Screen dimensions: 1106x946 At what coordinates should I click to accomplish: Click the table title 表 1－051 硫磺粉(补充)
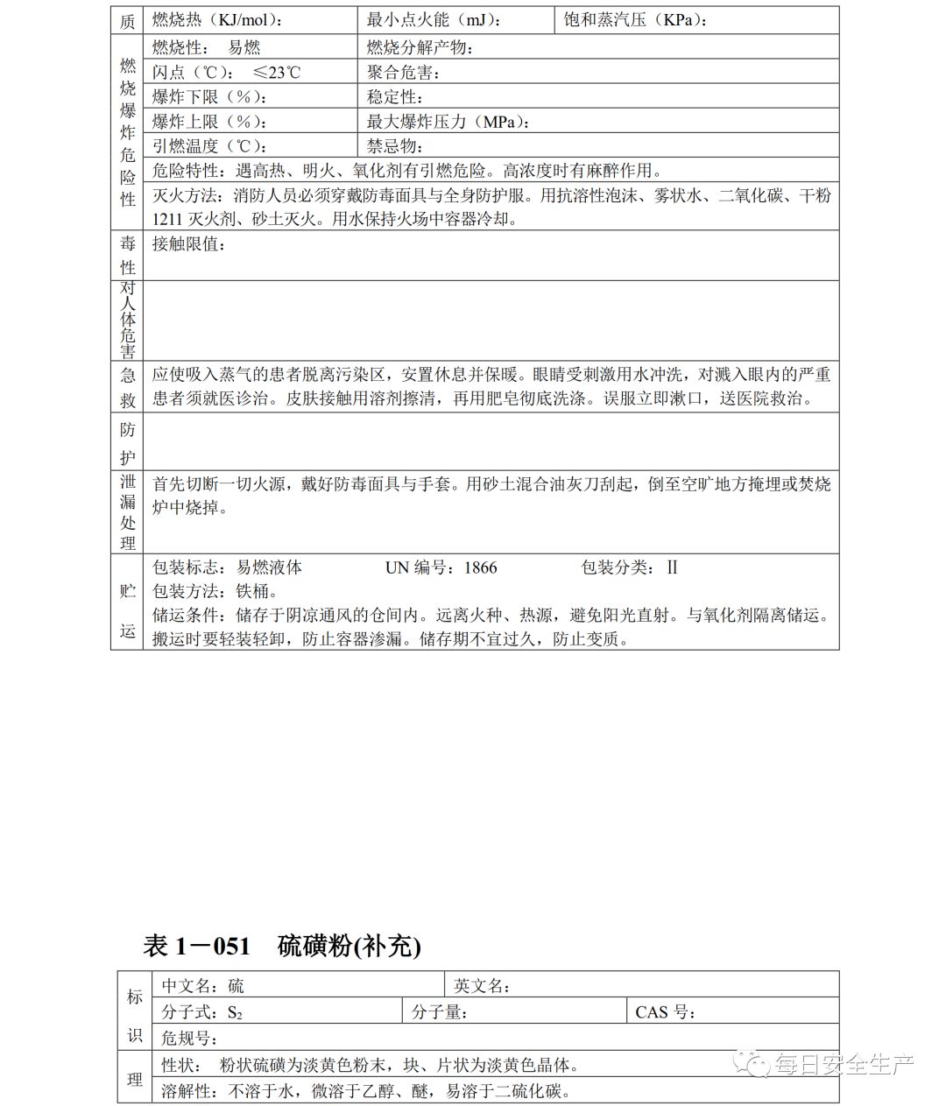282,946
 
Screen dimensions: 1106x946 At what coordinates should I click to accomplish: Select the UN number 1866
481,567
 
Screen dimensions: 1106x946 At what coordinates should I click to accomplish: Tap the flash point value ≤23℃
277,73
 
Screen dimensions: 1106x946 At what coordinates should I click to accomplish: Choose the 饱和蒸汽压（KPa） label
636,20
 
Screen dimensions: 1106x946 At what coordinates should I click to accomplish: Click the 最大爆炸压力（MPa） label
448,122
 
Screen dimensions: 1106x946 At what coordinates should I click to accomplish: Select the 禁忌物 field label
395,146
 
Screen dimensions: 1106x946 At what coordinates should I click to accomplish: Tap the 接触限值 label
190,244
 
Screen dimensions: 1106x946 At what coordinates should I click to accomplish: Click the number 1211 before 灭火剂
167,219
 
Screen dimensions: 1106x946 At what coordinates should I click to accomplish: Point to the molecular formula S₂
235,1012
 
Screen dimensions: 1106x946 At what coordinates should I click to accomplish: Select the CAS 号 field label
666,1012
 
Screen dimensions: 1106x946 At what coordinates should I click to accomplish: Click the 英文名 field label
483,986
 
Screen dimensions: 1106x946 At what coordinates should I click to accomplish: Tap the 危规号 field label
190,1039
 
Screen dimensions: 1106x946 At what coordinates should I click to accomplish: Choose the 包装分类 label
618,567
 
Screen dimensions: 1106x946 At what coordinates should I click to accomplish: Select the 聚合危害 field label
404,73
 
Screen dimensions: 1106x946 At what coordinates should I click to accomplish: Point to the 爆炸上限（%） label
209,122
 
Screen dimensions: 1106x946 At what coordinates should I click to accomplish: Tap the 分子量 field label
440,1012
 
